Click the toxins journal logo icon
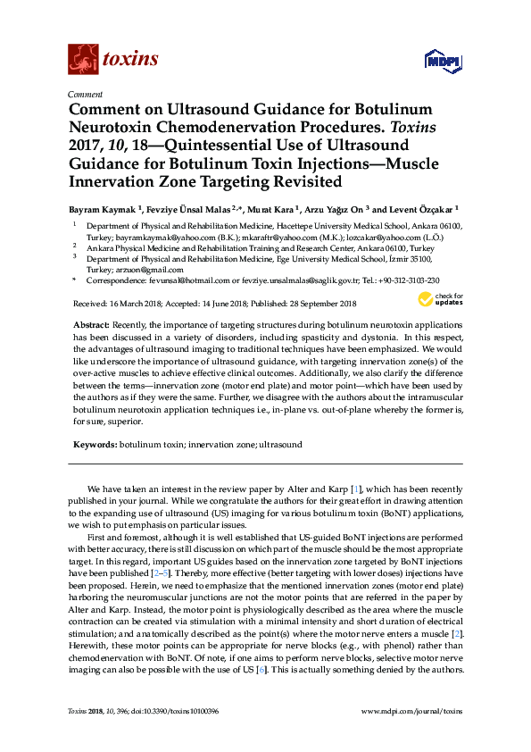[83, 59]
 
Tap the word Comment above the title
[85, 94]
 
